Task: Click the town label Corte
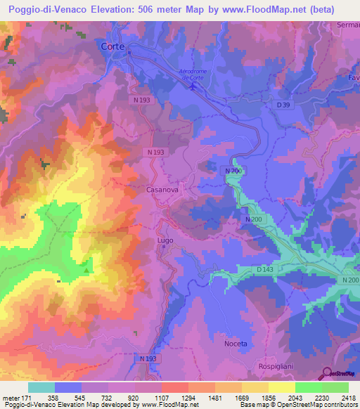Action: coord(111,46)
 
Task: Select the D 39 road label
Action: coord(283,105)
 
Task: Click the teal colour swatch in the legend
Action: coord(41,387)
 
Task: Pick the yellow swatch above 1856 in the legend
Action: coord(282,387)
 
